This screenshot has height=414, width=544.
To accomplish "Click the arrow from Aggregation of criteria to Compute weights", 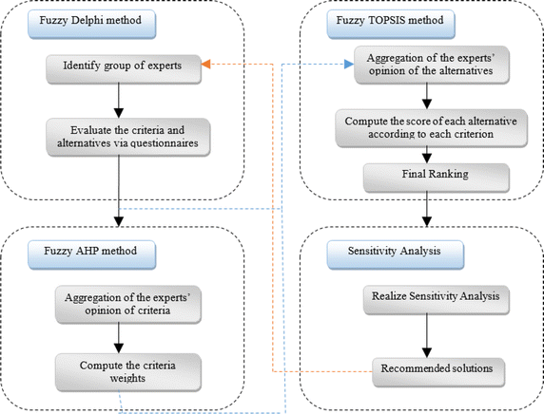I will point(117,333).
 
